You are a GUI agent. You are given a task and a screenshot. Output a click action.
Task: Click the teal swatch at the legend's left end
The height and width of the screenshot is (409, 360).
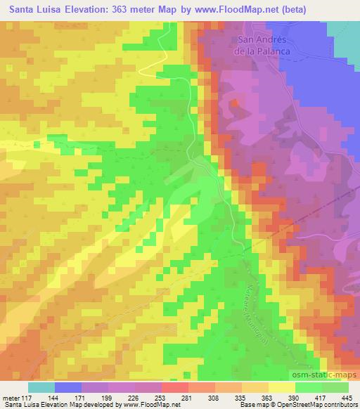pos(41,387)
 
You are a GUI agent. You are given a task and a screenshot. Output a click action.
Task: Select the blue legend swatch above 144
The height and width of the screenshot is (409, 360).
pos(68,387)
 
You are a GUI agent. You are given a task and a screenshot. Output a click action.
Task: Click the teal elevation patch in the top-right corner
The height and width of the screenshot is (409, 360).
pos(344,32)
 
